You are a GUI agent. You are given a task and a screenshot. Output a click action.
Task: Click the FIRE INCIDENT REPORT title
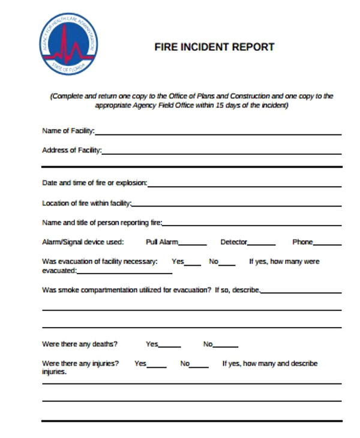click(214, 47)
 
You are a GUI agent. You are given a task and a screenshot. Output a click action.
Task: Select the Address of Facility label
click(71, 150)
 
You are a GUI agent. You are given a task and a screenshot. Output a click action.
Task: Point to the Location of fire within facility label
click(86, 203)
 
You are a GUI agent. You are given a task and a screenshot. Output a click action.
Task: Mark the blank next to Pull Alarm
click(193, 244)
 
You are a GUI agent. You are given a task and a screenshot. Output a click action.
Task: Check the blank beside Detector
click(262, 244)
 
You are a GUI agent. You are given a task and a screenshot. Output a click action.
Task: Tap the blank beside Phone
click(328, 244)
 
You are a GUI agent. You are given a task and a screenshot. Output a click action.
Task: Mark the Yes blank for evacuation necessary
click(193, 263)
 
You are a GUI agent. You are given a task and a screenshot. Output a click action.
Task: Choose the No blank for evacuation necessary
click(227, 263)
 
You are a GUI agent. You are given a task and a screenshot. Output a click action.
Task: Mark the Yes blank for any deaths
click(170, 346)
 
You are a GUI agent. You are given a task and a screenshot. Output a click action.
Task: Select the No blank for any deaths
click(226, 346)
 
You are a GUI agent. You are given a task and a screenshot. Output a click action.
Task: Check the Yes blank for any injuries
click(157, 365)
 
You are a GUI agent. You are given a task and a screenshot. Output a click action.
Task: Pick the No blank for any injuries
click(200, 365)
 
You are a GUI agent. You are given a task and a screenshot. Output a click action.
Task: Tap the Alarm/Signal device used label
click(83, 242)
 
